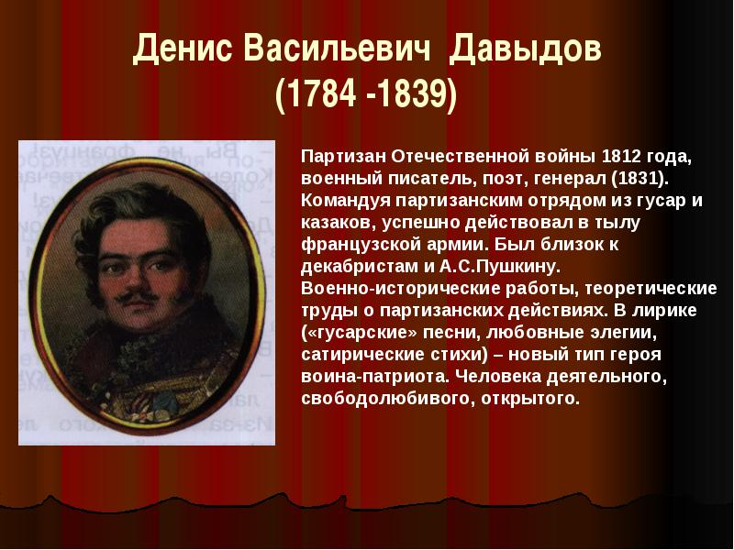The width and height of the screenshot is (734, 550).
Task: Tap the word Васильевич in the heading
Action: tap(337, 49)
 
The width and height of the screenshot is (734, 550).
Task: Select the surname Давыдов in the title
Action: tap(525, 49)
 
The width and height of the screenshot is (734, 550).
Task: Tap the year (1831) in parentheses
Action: tap(639, 179)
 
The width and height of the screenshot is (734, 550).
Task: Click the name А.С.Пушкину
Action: tap(499, 267)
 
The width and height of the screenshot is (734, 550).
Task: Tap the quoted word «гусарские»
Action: tap(360, 333)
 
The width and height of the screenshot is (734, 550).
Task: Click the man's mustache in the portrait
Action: tap(136, 295)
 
